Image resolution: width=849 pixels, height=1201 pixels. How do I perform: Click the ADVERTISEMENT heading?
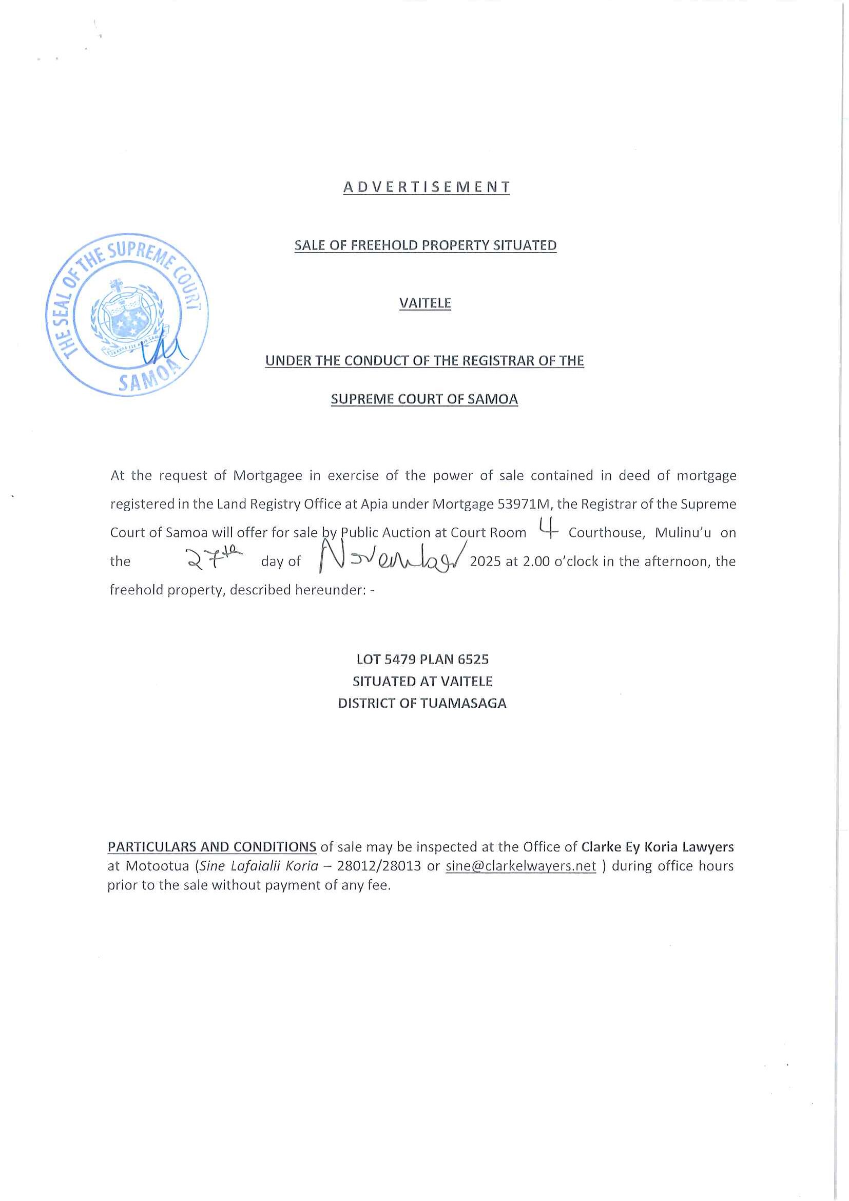[426, 187]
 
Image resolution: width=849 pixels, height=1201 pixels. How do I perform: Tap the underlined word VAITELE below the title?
[425, 303]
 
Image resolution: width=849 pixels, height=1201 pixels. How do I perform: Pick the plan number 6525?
[472, 660]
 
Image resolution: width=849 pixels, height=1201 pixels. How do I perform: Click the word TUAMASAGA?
[463, 704]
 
